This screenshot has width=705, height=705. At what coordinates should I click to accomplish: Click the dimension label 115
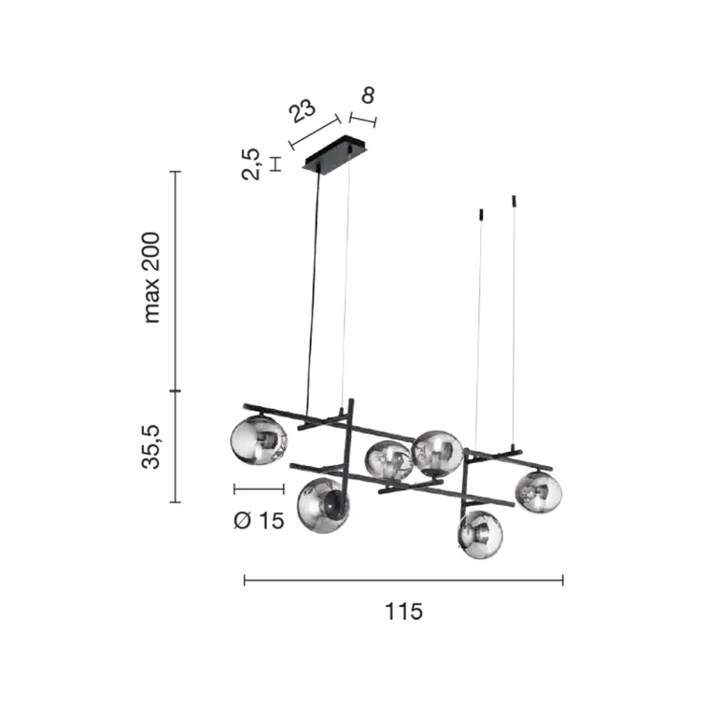[404, 611]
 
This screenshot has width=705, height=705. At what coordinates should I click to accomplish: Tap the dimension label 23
[302, 111]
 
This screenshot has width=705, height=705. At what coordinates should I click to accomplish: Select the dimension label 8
[368, 95]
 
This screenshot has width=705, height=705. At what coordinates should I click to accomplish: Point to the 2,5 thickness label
[251, 164]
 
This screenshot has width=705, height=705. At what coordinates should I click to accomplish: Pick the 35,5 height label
[151, 447]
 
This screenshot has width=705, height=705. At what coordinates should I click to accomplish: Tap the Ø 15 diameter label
[259, 521]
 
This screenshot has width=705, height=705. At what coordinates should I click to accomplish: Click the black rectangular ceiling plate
[334, 154]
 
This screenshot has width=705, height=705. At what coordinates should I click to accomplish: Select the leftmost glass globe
[258, 440]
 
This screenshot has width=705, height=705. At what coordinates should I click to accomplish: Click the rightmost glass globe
[538, 492]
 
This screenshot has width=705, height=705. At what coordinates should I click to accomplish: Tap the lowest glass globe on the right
[480, 534]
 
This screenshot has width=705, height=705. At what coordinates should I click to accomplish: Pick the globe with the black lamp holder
[323, 505]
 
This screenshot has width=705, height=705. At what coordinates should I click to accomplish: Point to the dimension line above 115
[404, 580]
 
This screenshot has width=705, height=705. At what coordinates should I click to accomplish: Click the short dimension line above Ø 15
[259, 489]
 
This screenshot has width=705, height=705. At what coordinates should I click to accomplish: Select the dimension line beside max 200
[175, 281]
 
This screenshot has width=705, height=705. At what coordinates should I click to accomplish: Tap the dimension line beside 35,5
[175, 447]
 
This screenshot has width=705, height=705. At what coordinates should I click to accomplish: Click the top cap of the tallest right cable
[514, 200]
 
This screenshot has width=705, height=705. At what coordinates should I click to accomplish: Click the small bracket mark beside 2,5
[275, 164]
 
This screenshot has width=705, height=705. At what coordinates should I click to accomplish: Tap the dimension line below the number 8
[363, 120]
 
